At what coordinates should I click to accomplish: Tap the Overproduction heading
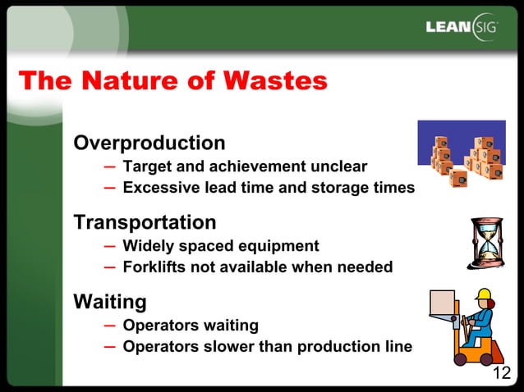tap(149, 143)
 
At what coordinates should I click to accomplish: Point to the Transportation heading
tap(145, 222)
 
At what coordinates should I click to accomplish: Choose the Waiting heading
tap(110, 302)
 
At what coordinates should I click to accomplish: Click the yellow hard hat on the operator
tap(483, 294)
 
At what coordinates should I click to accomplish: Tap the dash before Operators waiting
tap(110, 326)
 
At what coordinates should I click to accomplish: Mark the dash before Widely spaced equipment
tap(110, 246)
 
